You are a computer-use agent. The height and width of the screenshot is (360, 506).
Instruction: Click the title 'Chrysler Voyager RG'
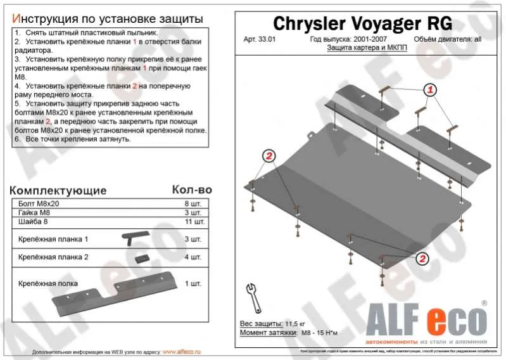coord(362,23)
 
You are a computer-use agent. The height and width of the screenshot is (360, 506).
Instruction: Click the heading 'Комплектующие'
coord(58,190)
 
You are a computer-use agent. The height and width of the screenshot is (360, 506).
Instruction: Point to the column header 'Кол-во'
coord(192,190)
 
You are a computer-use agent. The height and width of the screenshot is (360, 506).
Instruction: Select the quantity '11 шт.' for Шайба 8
coord(192,222)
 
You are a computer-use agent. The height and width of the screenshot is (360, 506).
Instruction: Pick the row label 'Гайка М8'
coord(34,213)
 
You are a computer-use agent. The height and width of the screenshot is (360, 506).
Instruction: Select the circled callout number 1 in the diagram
coord(430,89)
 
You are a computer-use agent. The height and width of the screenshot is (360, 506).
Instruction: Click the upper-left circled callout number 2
coord(269,156)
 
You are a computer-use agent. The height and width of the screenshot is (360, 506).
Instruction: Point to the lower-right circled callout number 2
coord(422,257)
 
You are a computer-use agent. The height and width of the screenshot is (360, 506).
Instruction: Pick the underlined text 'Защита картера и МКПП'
coord(362,48)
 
